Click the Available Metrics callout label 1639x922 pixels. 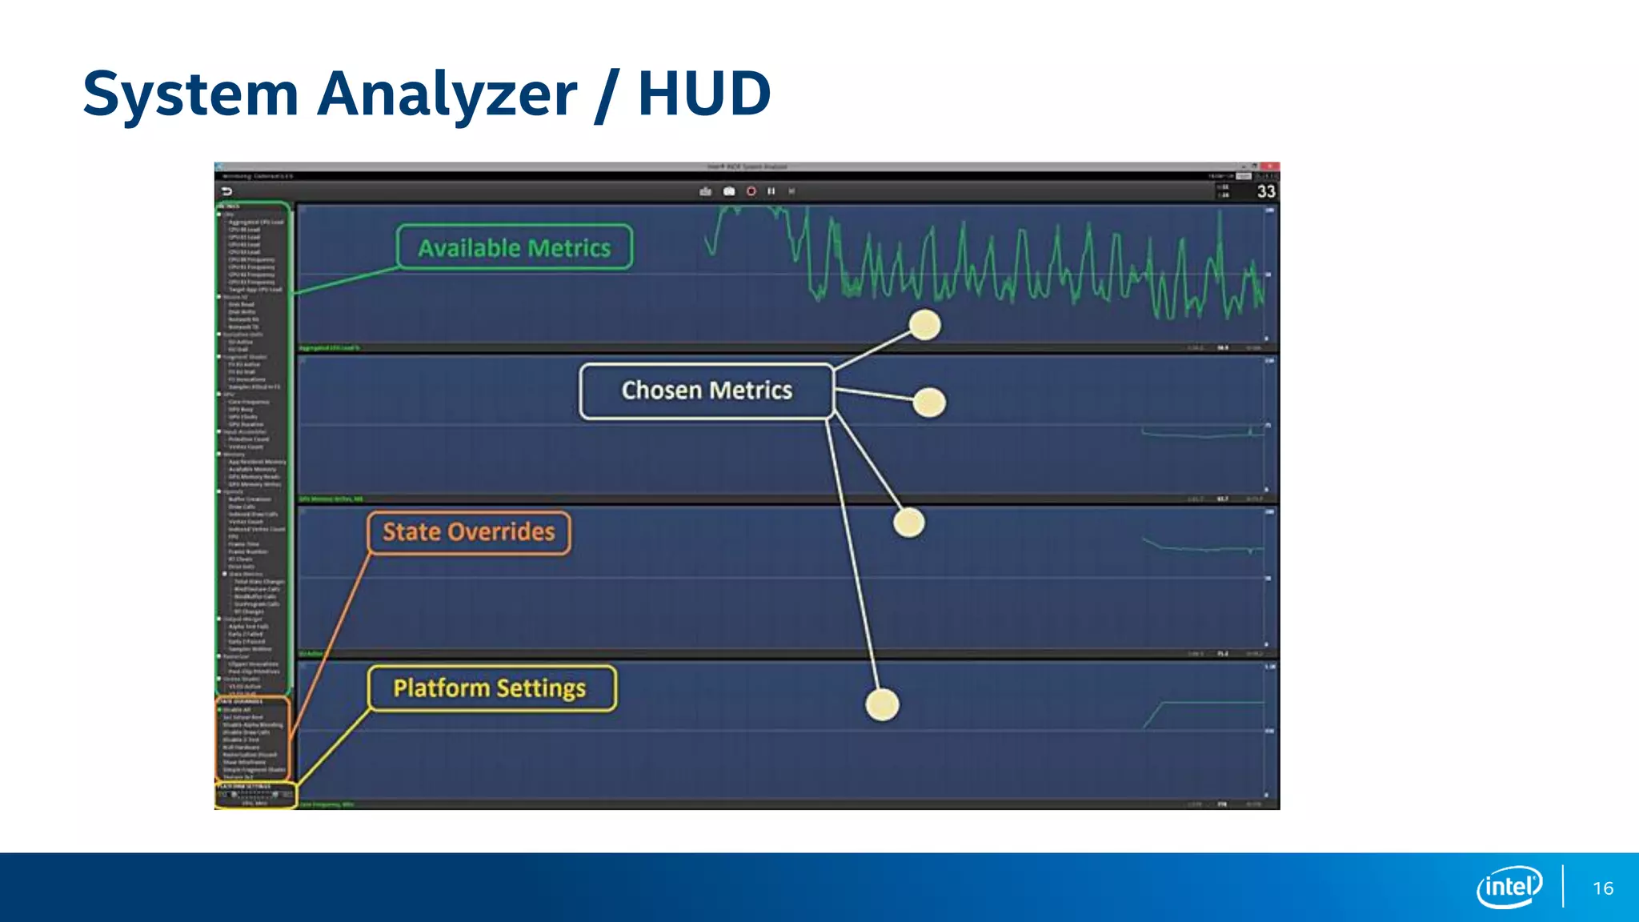pyautogui.click(x=515, y=247)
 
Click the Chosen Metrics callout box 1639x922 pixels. pyautogui.click(x=707, y=391)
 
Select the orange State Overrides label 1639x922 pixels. pyautogui.click(x=469, y=532)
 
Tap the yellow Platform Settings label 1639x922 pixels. pyautogui.click(x=491, y=688)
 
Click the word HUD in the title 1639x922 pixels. pyautogui.click(x=704, y=94)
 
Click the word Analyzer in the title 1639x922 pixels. pyautogui.click(x=447, y=94)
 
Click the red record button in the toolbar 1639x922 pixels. pyautogui.click(x=751, y=191)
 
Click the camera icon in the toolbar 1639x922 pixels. pyautogui.click(x=729, y=191)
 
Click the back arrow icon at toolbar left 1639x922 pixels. pyautogui.click(x=226, y=191)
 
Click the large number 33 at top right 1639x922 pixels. pyautogui.click(x=1266, y=191)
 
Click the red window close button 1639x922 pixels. pyautogui.click(x=1271, y=166)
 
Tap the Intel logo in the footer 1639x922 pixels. pyautogui.click(x=1509, y=887)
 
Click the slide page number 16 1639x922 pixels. pyautogui.click(x=1603, y=888)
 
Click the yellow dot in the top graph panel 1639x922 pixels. pyautogui.click(x=925, y=325)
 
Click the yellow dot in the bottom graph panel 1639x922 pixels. pyautogui.click(x=883, y=704)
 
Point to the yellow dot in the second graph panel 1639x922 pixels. pyautogui.click(x=929, y=403)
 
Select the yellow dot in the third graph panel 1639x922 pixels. pyautogui.click(x=909, y=523)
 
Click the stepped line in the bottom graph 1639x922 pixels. pyautogui.click(x=1200, y=704)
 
